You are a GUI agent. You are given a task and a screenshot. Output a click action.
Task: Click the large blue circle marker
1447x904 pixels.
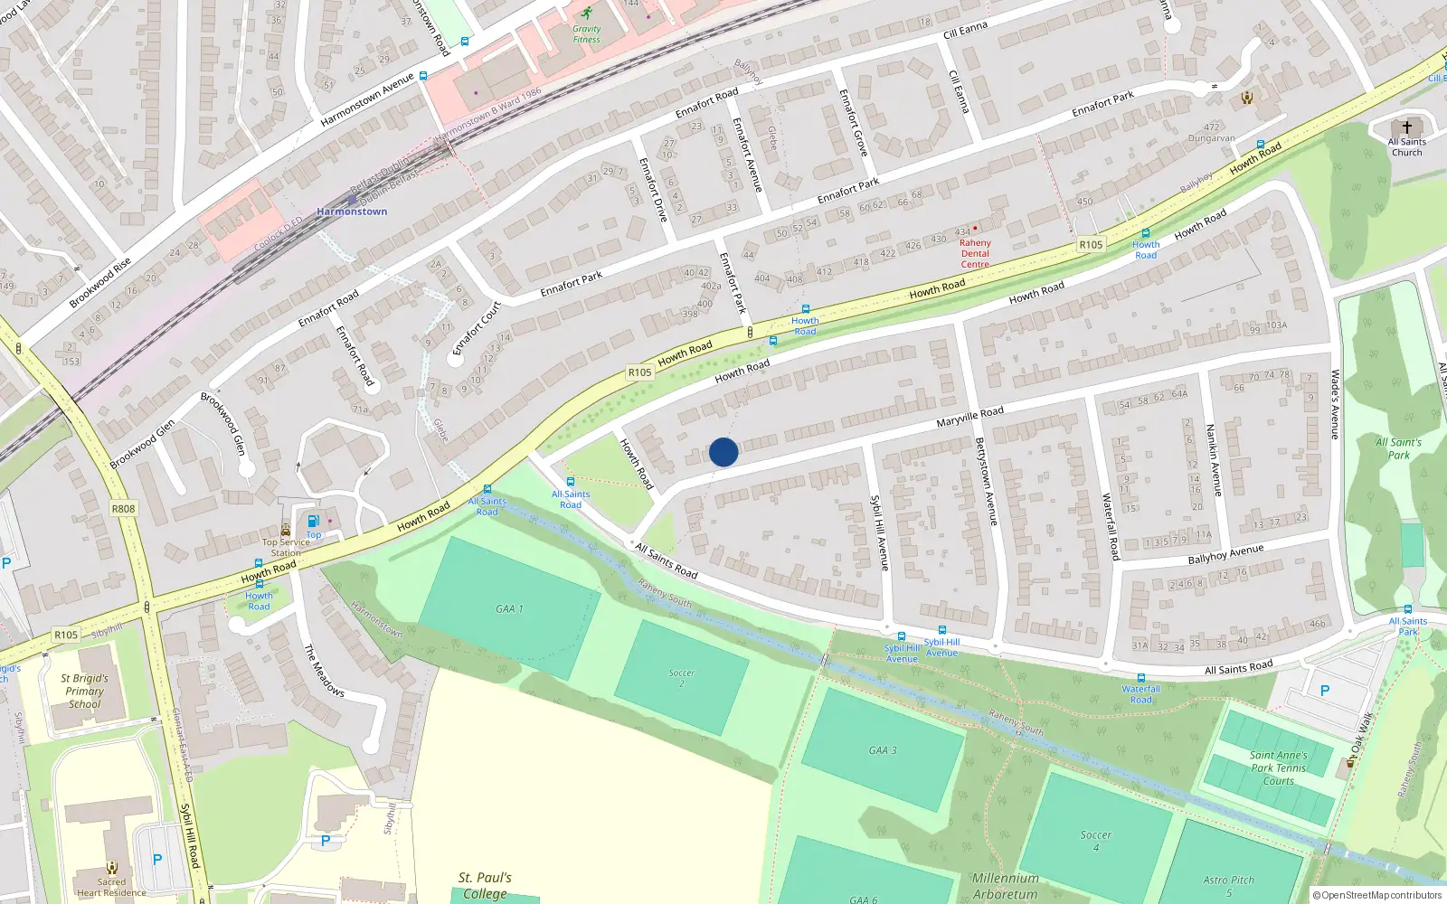[723, 452]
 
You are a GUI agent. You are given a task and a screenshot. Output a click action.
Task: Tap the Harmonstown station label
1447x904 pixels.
[352, 212]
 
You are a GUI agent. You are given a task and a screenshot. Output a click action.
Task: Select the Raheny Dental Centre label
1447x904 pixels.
[975, 253]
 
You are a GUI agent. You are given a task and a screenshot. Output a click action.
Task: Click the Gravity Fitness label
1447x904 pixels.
[586, 34]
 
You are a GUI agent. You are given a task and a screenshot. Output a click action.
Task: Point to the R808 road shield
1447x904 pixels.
[123, 508]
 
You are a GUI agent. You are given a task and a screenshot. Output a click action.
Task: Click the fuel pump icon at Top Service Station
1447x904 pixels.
[313, 521]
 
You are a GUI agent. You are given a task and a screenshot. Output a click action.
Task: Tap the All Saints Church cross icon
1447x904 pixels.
[1406, 127]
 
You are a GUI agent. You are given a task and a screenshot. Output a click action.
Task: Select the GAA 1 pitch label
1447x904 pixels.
[509, 609]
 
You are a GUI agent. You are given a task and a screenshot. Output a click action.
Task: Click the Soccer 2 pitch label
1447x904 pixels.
[682, 678]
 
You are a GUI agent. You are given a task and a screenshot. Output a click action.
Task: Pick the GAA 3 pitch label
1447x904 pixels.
[883, 750]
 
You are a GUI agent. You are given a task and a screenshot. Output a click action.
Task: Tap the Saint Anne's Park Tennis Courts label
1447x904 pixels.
[1278, 767]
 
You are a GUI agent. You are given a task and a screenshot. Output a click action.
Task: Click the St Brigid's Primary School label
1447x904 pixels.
[84, 691]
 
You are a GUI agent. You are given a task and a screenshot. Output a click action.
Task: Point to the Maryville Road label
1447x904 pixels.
[969, 417]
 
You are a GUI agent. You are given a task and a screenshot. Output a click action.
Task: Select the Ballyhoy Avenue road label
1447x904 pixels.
[1225, 554]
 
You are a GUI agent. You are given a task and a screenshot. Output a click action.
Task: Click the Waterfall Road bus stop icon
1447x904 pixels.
[1140, 678]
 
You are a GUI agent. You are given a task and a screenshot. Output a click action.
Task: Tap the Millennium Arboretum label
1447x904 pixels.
[1005, 886]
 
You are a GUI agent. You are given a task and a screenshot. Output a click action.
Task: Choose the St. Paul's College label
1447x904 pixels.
[485, 885]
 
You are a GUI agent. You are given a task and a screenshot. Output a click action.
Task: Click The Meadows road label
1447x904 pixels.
[324, 670]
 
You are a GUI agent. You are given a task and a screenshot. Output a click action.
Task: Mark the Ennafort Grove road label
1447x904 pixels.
[853, 122]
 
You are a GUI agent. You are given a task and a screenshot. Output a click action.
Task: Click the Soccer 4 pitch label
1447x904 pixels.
[1095, 841]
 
